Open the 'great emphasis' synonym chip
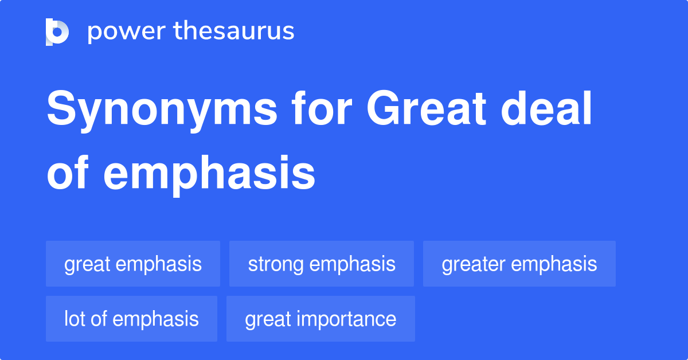click(133, 264)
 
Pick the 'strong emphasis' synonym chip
click(322, 264)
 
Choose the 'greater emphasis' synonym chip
click(519, 264)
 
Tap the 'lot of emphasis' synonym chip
click(131, 319)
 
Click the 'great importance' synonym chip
click(320, 319)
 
